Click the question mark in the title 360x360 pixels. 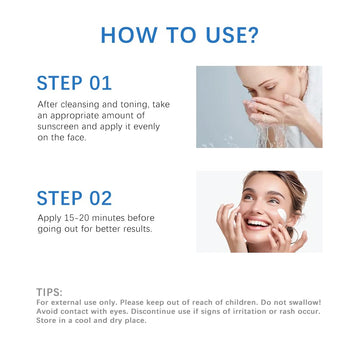(252, 35)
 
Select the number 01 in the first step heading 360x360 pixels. (100, 83)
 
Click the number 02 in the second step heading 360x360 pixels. (100, 198)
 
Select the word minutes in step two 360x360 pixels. (108, 218)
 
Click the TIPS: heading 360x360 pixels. (49, 292)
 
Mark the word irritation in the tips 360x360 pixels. (257, 311)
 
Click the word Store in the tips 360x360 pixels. (45, 321)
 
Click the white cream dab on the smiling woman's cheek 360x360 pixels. (282, 215)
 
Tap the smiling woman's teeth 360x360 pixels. (257, 223)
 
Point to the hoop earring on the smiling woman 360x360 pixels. (293, 234)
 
